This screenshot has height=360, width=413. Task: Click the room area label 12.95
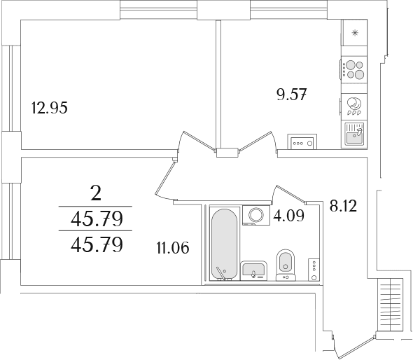point(49,108)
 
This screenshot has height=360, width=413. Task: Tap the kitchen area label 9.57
point(292,95)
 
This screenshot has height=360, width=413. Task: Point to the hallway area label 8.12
point(343,206)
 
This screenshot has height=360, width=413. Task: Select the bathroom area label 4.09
point(288,216)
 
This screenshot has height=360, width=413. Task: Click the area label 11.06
point(173,248)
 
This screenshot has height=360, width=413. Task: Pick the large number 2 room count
point(95,193)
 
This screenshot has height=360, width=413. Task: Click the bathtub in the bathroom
point(225,244)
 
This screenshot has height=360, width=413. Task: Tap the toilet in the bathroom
point(286,265)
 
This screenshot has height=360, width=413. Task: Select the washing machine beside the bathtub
point(256,215)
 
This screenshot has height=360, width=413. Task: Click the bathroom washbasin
point(253,270)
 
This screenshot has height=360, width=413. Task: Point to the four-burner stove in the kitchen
point(353,69)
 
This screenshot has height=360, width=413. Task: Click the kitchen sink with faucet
point(354,134)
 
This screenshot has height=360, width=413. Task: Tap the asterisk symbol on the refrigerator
point(355,33)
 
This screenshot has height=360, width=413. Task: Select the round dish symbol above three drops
point(353,103)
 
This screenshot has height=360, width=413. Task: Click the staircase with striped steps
point(391,305)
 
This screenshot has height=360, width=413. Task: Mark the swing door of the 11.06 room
point(164,178)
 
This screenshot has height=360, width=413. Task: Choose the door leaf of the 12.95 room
point(198,141)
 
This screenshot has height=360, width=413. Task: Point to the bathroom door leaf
point(290,195)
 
